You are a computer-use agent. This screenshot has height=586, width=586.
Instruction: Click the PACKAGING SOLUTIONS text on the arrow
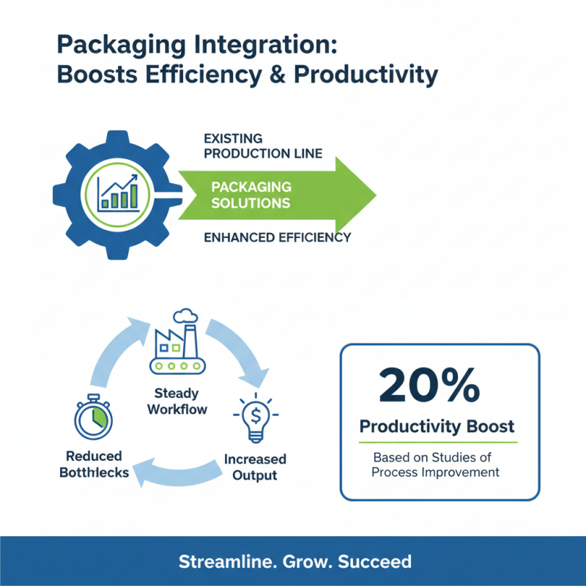point(251,195)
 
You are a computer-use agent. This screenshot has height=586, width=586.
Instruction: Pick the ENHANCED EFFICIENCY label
point(277,237)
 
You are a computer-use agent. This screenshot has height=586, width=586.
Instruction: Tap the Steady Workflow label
point(177,401)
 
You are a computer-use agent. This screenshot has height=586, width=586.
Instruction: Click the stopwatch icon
point(93,419)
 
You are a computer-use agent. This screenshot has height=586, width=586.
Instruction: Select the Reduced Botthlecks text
point(93,464)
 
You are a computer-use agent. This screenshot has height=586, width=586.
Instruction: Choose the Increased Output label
point(255,467)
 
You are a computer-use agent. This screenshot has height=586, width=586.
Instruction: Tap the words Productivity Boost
point(437,426)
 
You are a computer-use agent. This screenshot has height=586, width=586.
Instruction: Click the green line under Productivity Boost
point(438,442)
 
